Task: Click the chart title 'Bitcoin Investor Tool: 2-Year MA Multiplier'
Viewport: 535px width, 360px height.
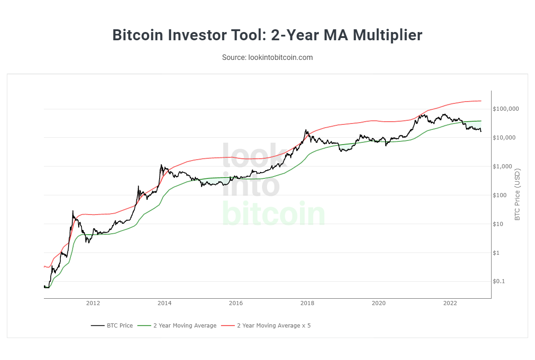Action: [x=267, y=35]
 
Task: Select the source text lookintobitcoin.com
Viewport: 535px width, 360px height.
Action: [x=267, y=57]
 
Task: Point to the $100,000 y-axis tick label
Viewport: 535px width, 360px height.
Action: [x=506, y=109]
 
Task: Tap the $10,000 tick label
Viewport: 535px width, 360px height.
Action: [x=504, y=138]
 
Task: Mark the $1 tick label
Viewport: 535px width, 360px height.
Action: [x=498, y=253]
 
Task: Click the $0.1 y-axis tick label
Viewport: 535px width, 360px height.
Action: [x=500, y=281]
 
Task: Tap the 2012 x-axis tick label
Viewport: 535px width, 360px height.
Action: [x=93, y=303]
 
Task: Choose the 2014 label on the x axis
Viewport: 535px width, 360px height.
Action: [x=164, y=303]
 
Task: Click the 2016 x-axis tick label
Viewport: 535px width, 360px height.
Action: [x=235, y=303]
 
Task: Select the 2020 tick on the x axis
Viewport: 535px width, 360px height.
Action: [x=379, y=303]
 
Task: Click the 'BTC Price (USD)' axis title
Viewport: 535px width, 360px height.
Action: [x=518, y=194]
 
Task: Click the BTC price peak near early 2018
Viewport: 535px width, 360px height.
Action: [x=306, y=130]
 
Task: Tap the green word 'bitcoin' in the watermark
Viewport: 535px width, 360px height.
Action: [x=273, y=214]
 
